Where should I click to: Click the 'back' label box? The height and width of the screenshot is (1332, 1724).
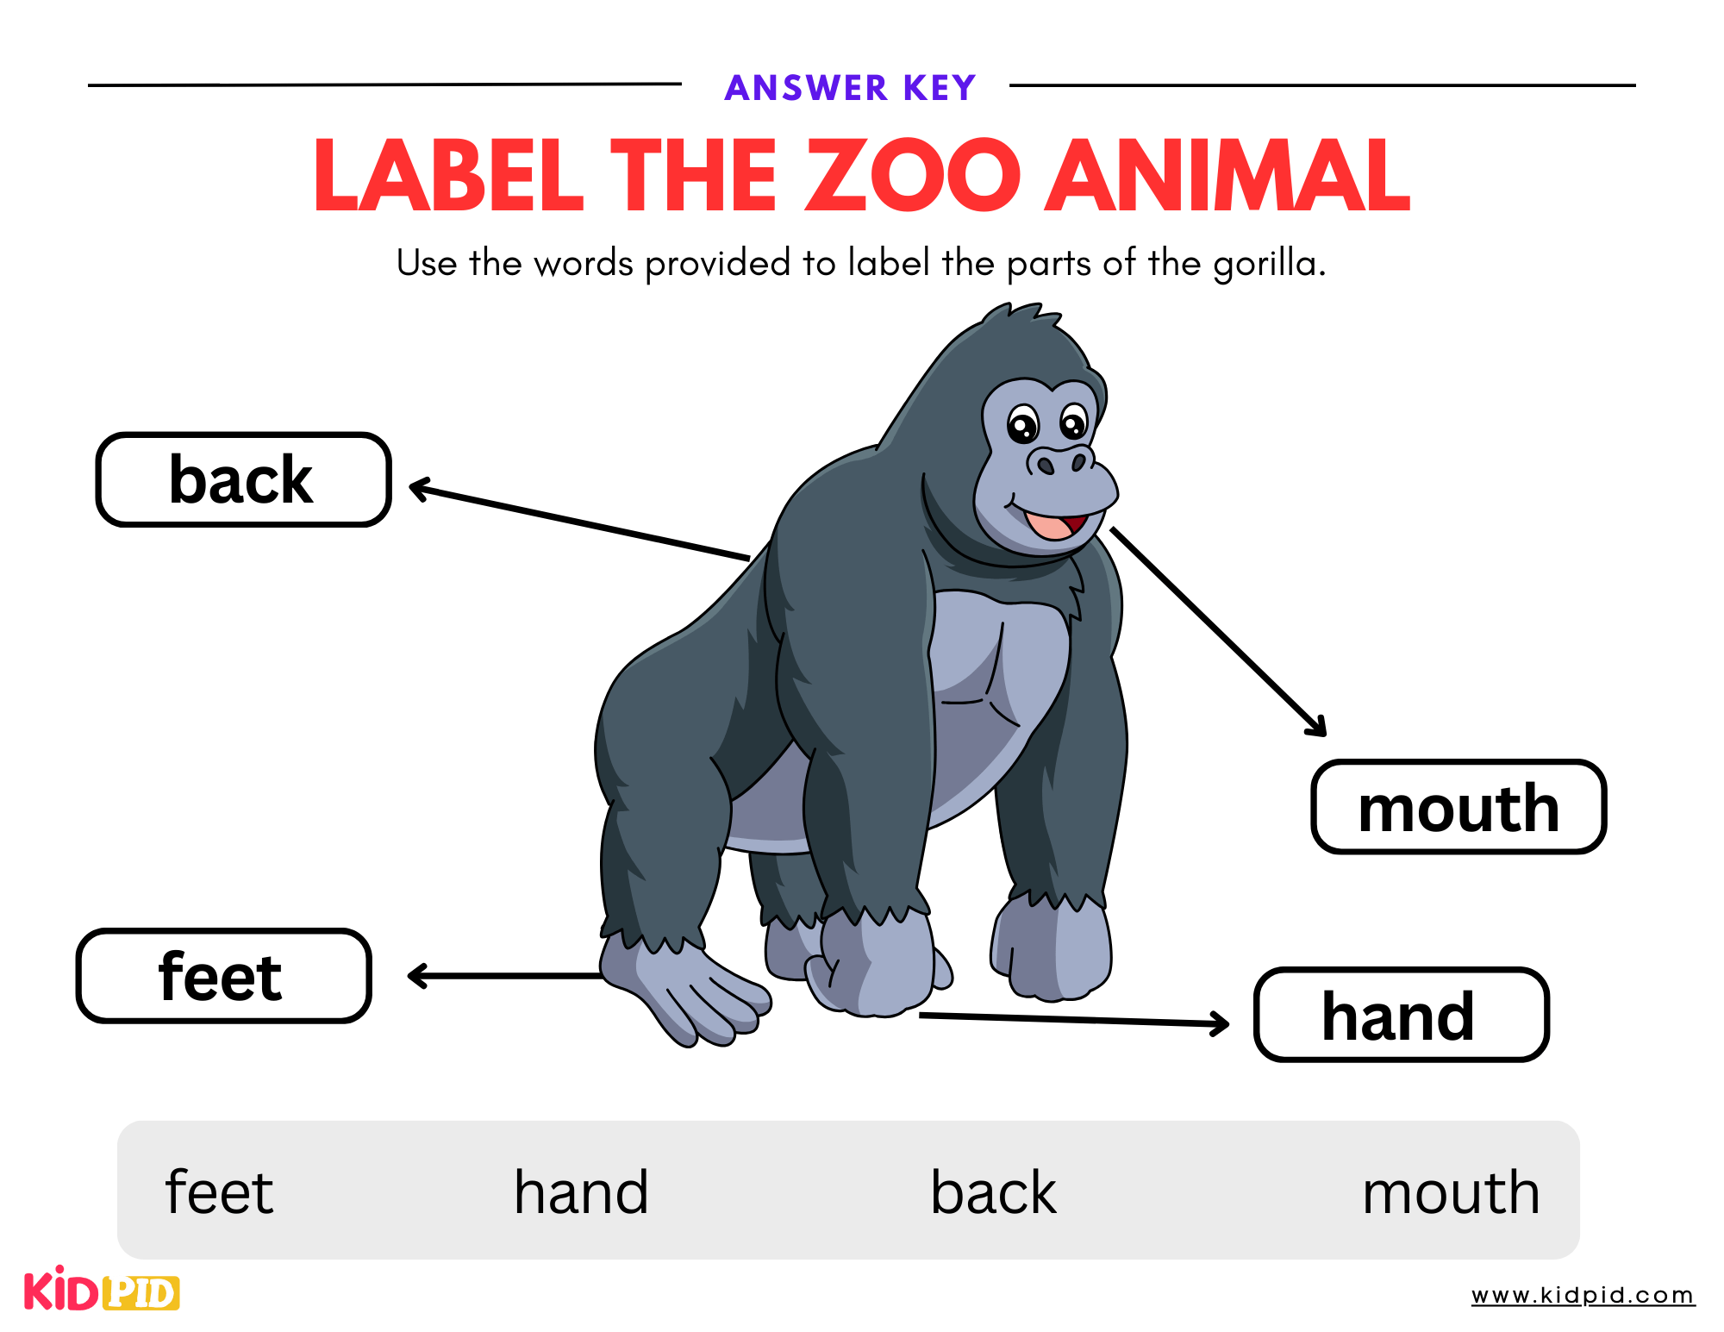[243, 479]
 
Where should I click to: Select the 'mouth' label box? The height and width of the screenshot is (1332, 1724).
[1459, 807]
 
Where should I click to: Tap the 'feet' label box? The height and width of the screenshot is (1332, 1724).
[223, 976]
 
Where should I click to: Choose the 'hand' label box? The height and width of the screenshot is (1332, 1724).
[1401, 1015]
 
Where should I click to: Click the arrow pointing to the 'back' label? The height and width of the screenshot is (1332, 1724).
[578, 522]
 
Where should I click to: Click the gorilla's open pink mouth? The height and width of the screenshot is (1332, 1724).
[1053, 523]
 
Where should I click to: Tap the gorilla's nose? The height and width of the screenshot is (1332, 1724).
[1060, 462]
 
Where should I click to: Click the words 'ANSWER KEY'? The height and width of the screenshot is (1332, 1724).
[850, 87]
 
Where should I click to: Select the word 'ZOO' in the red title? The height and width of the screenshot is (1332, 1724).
[914, 176]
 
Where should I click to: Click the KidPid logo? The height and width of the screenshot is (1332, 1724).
[102, 1291]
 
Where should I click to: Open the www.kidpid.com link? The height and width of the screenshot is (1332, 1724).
[1583, 1295]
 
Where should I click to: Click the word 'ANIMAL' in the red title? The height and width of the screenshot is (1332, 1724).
[1227, 176]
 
